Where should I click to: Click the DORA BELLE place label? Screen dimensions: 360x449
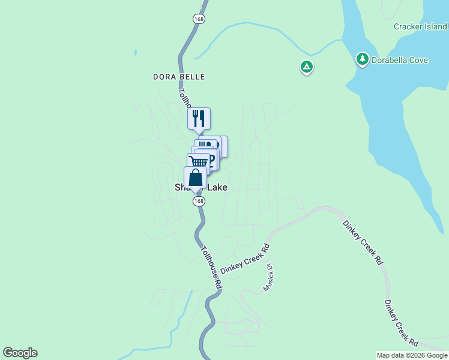179,77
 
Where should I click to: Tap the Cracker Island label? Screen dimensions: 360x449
420,26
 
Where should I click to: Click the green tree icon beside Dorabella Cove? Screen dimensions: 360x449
362,59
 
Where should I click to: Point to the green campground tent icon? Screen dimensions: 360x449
307,67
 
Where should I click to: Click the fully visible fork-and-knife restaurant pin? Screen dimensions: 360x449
199,118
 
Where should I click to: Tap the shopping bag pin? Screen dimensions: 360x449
195,178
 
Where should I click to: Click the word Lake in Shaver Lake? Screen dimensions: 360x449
217,187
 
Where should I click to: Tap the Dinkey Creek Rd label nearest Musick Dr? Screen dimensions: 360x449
245,259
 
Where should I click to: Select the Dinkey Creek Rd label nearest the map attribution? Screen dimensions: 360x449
402,323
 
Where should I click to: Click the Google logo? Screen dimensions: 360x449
20,353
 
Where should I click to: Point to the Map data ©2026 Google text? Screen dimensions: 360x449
412,355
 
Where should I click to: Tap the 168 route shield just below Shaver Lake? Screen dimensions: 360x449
197,201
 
